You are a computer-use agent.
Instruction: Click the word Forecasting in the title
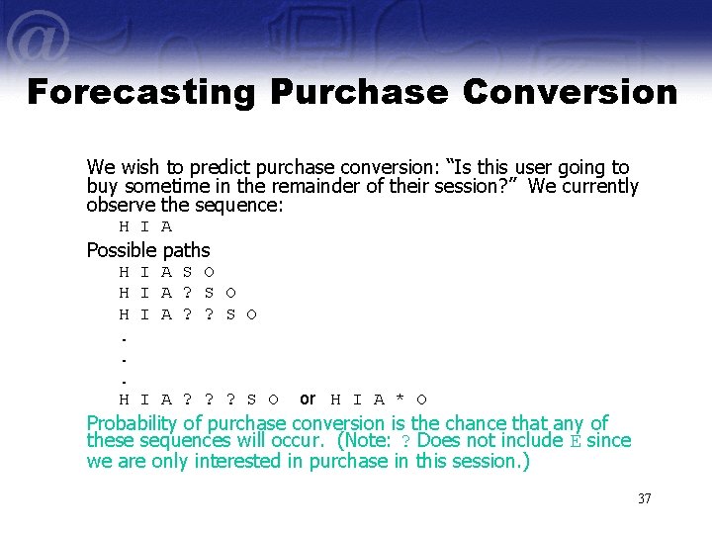(139, 92)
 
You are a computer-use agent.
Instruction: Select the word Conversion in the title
(570, 92)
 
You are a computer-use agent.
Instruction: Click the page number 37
(644, 498)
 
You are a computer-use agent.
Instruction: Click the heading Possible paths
(148, 250)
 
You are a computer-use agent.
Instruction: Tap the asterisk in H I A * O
(400, 400)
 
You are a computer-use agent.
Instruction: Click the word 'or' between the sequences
(308, 399)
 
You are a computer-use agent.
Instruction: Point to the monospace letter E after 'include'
(577, 441)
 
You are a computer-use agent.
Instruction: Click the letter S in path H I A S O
(188, 272)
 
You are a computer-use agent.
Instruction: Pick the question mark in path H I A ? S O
(188, 293)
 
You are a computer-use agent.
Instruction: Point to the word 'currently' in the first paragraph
(597, 187)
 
